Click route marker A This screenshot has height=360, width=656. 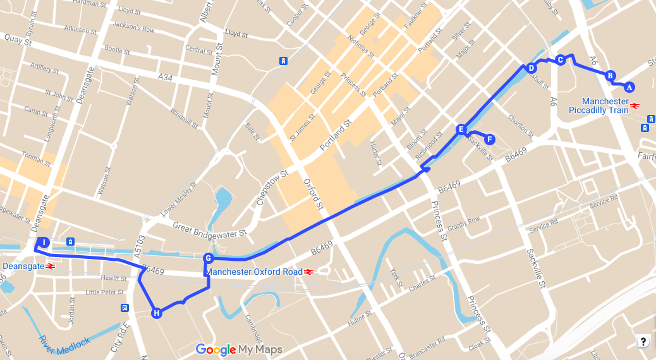pyautogui.click(x=629, y=87)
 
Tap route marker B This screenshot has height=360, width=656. pyautogui.click(x=610, y=75)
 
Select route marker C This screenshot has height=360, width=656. pyautogui.click(x=560, y=60)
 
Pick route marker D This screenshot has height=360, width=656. pyautogui.click(x=531, y=68)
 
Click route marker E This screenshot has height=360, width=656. pyautogui.click(x=461, y=129)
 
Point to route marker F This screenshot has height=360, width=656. pyautogui.click(x=490, y=140)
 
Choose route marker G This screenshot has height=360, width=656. pyautogui.click(x=208, y=258)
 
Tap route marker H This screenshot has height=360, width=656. pyautogui.click(x=156, y=313)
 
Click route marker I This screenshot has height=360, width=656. pyautogui.click(x=44, y=243)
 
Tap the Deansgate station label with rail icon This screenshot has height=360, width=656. pyautogui.click(x=29, y=267)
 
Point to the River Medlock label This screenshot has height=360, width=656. pyautogui.click(x=64, y=340)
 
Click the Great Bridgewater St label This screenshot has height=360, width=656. pyautogui.click(x=209, y=230)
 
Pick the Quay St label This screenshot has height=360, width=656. pyautogui.click(x=18, y=40)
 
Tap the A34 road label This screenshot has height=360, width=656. pyautogui.click(x=165, y=77)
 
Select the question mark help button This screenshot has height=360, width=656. pyautogui.click(x=643, y=342)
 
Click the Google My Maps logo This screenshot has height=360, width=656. pyautogui.click(x=239, y=349)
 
